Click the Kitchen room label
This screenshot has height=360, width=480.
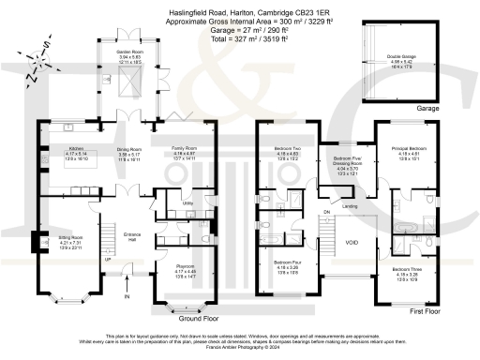tap(76, 149)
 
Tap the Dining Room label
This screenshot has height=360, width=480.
tap(128, 149)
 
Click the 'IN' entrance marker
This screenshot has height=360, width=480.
tap(126, 298)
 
